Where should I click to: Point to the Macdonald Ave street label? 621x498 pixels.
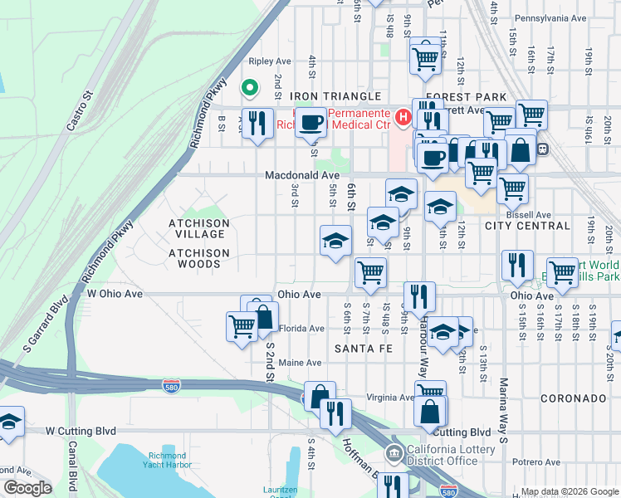point(302,175)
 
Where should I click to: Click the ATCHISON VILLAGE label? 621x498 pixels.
point(198,229)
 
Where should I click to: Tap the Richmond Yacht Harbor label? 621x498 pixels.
point(173,461)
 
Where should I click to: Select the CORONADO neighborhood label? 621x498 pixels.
point(574,398)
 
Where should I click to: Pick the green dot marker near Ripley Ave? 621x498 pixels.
point(248,87)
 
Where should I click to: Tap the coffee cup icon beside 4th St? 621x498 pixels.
point(311,123)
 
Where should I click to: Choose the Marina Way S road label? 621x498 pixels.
point(503,407)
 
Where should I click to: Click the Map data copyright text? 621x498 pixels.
point(568,491)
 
